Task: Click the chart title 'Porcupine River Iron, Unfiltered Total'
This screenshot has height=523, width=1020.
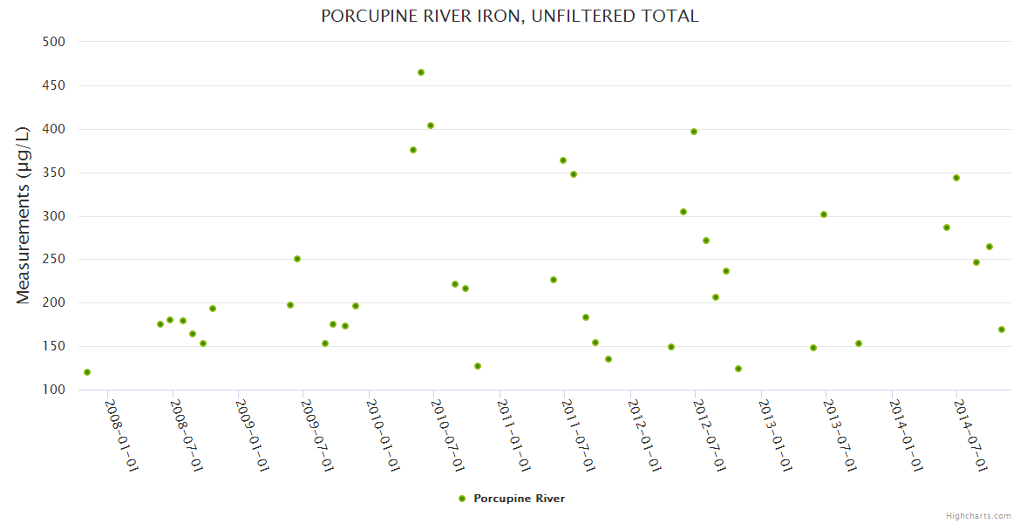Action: coord(510,17)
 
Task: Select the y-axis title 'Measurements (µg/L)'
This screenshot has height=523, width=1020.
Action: coord(24,214)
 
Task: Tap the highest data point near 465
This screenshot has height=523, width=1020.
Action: coord(421,72)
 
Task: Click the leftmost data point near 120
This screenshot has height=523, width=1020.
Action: coord(87,372)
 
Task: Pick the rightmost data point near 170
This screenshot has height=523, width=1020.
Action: coord(1002,329)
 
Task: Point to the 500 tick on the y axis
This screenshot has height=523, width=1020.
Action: coord(54,42)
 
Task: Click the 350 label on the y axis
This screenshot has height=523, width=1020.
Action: coord(54,173)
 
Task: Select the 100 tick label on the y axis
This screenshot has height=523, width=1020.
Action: coord(54,390)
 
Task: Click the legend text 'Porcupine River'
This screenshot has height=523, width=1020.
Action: coord(519,499)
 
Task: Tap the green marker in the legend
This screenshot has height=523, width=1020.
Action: coord(462,499)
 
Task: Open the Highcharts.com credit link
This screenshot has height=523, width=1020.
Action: coord(978,515)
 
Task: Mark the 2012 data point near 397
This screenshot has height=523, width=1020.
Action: coord(694,132)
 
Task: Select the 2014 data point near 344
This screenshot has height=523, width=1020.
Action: coord(956,178)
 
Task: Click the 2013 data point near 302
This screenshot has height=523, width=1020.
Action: coord(824,214)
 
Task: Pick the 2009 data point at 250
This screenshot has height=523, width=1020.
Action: coord(297,259)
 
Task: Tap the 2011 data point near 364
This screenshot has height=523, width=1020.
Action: coord(563,160)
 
